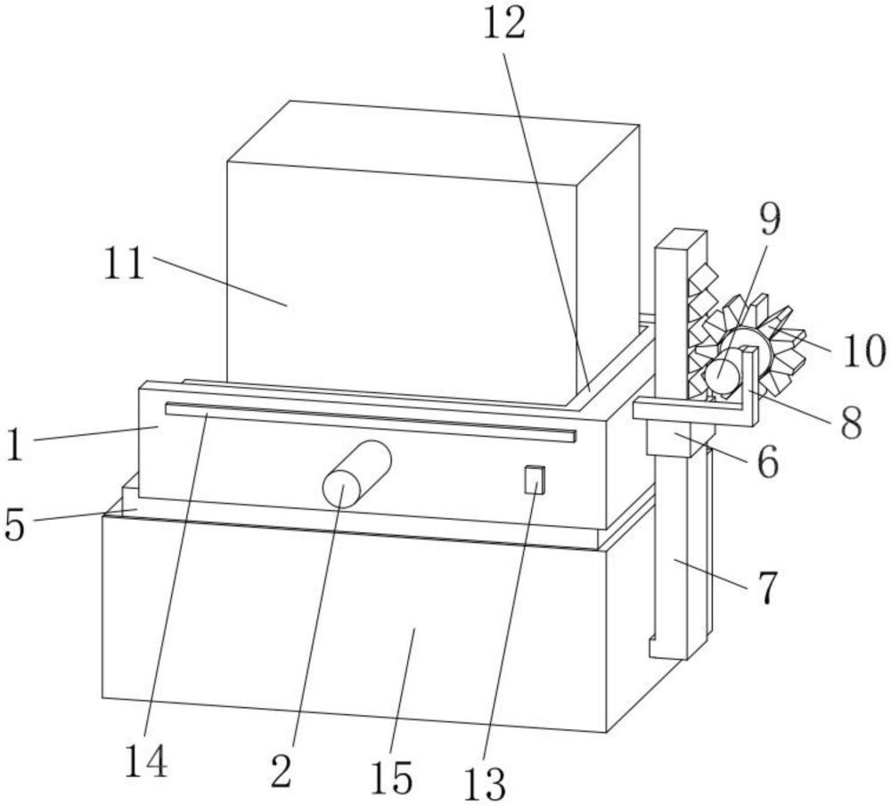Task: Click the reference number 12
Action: coord(504,25)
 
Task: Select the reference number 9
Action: coord(770,219)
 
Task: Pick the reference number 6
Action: coord(768,462)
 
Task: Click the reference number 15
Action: coord(391,777)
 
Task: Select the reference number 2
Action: coord(282,770)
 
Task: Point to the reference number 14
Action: coord(146,761)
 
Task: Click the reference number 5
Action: coord(15,524)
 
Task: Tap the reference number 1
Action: coord(15,446)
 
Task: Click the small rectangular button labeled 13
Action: coord(534,479)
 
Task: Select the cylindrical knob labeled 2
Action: coord(356,473)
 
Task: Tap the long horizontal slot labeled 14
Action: coord(371,422)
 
